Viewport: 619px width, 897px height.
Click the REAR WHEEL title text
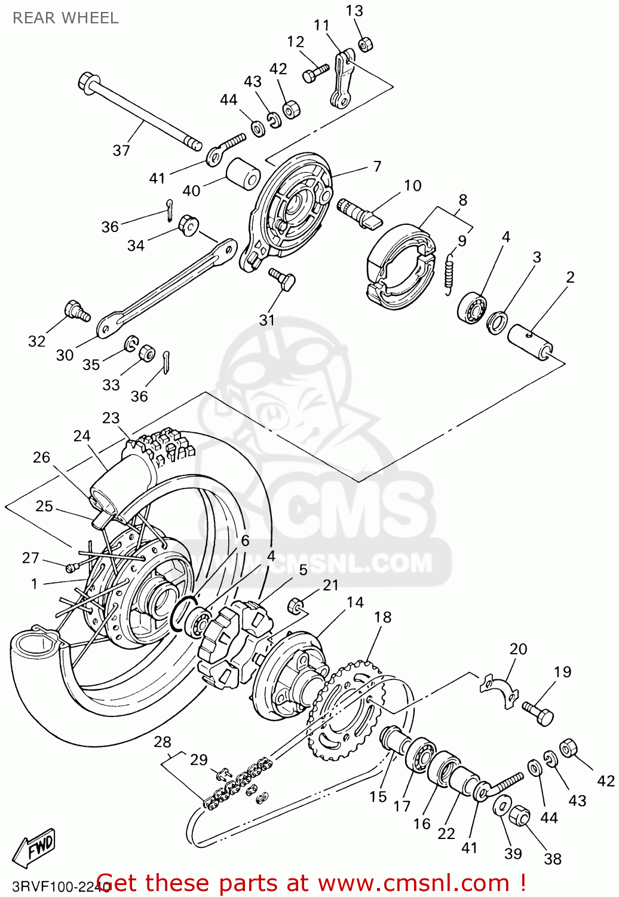point(65,18)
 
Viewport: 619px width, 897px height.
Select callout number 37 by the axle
point(121,151)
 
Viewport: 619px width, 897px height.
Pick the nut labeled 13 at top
point(366,44)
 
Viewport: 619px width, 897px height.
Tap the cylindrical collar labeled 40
point(243,173)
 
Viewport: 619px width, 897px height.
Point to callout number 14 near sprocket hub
point(355,602)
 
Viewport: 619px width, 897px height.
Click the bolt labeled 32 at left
point(76,310)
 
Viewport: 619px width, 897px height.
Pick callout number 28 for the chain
point(163,742)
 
